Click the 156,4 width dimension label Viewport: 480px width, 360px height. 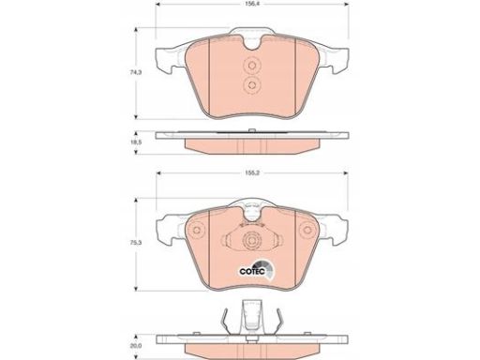[x=251, y=5]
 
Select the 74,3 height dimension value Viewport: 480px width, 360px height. [x=136, y=72]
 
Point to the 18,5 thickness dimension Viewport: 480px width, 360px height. [x=136, y=142]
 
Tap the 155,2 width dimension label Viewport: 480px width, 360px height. [x=252, y=172]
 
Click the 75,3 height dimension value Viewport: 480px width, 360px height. [x=136, y=243]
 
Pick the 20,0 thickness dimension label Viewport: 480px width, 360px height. [x=136, y=346]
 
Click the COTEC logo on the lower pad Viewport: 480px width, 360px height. [x=256, y=270]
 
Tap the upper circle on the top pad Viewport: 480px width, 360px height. [x=251, y=66]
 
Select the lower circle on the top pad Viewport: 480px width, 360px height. [x=251, y=84]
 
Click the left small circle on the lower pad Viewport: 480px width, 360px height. [x=197, y=231]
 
